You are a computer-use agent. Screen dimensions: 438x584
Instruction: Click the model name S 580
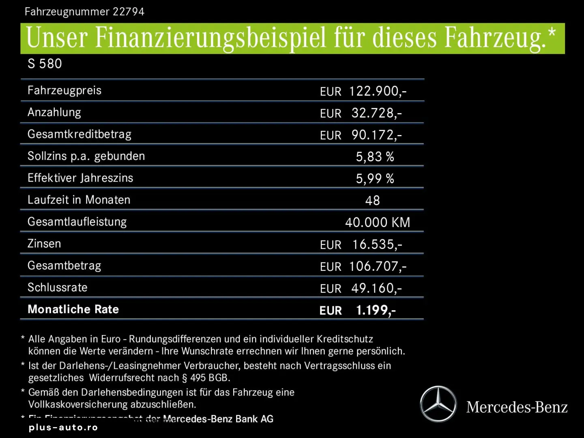(45, 64)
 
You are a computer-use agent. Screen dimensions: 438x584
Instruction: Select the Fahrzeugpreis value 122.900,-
(378, 91)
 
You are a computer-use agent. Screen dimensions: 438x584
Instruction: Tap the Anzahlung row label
(54, 112)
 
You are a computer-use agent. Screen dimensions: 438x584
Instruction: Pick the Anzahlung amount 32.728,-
(376, 113)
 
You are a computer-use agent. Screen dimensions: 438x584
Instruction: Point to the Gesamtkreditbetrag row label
(79, 134)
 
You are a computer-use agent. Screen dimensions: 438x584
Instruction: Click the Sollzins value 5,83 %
(375, 157)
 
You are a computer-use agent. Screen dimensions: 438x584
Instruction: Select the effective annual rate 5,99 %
(375, 178)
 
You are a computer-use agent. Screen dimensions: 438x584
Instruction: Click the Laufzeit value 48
(372, 200)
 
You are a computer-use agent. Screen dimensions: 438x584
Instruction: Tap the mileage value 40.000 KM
(378, 222)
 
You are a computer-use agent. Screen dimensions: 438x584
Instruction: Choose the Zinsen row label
(44, 244)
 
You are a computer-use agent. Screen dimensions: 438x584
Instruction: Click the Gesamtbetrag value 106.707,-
(378, 266)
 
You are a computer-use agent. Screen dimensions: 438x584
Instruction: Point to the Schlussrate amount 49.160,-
(376, 288)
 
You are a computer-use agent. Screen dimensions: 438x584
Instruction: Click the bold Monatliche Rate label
(73, 309)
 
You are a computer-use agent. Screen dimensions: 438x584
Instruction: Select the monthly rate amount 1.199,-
(376, 310)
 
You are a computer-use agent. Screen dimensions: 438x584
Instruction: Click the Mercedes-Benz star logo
(438, 404)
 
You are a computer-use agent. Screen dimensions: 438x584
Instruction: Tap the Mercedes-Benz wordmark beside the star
(517, 407)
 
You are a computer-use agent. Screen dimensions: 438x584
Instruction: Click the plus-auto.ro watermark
(63, 427)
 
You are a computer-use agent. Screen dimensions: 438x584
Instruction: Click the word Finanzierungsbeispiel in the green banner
(210, 38)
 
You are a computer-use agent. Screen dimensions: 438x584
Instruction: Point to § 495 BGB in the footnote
(206, 378)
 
